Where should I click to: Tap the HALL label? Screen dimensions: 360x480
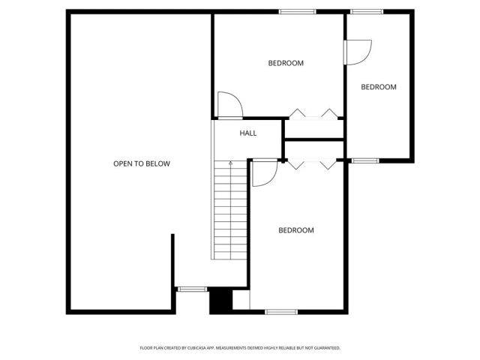[x=248, y=133]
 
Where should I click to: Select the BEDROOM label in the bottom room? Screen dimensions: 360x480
[x=296, y=230]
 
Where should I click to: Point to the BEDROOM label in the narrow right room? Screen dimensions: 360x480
[x=379, y=87]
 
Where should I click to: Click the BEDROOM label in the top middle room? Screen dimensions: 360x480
[x=286, y=63]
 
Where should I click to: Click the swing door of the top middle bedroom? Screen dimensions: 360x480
[x=229, y=105]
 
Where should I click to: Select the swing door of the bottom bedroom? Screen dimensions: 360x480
[x=264, y=172]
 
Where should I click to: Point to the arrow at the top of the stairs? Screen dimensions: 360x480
[x=231, y=163]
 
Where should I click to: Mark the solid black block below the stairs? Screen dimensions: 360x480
[x=219, y=301]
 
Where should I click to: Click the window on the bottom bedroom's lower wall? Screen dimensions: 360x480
[x=281, y=311]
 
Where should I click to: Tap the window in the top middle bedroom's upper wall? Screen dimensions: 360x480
[x=297, y=11]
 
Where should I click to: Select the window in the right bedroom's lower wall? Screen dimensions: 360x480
[x=365, y=160]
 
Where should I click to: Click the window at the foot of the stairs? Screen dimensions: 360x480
[x=192, y=288]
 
